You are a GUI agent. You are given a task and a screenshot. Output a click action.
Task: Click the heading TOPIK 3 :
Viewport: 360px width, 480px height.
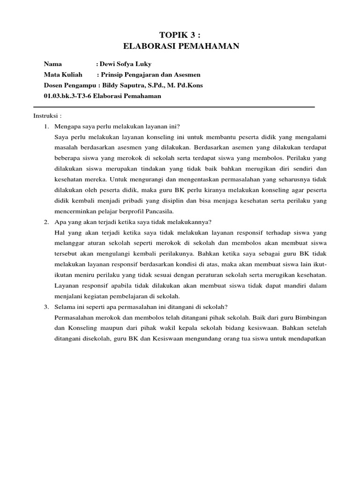coord(181,35)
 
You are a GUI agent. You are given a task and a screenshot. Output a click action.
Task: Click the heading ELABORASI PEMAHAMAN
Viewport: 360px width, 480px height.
coord(181,46)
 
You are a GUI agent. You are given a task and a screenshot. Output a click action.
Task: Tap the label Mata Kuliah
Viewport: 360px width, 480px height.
coord(63,75)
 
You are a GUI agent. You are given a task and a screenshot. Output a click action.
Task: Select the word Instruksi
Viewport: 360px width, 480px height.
coord(46,116)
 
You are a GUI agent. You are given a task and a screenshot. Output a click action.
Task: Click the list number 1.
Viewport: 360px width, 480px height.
coord(46,127)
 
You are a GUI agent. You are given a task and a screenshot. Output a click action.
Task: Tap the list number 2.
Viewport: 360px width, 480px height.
coord(46,222)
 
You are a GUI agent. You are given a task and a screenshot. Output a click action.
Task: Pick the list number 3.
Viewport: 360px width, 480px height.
coord(46,307)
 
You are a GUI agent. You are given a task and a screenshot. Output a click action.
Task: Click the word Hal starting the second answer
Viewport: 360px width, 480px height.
coord(60,232)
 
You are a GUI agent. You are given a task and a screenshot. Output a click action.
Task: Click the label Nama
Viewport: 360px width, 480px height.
coord(52,64)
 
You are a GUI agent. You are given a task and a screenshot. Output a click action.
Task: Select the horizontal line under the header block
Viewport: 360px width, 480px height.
coord(179,107)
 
